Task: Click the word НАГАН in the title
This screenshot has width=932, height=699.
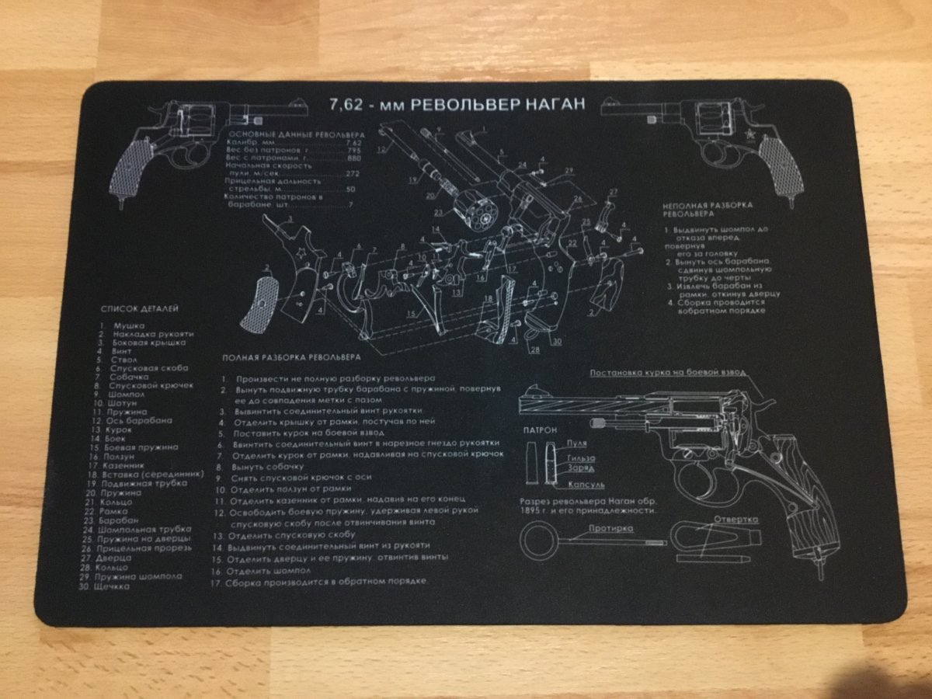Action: point(548,106)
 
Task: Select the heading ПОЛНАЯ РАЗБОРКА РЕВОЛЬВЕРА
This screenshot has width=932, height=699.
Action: point(290,358)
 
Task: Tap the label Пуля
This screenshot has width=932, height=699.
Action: point(576,443)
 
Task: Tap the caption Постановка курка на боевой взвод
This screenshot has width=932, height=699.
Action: point(666,373)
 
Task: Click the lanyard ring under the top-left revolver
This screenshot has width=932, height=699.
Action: point(123,204)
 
